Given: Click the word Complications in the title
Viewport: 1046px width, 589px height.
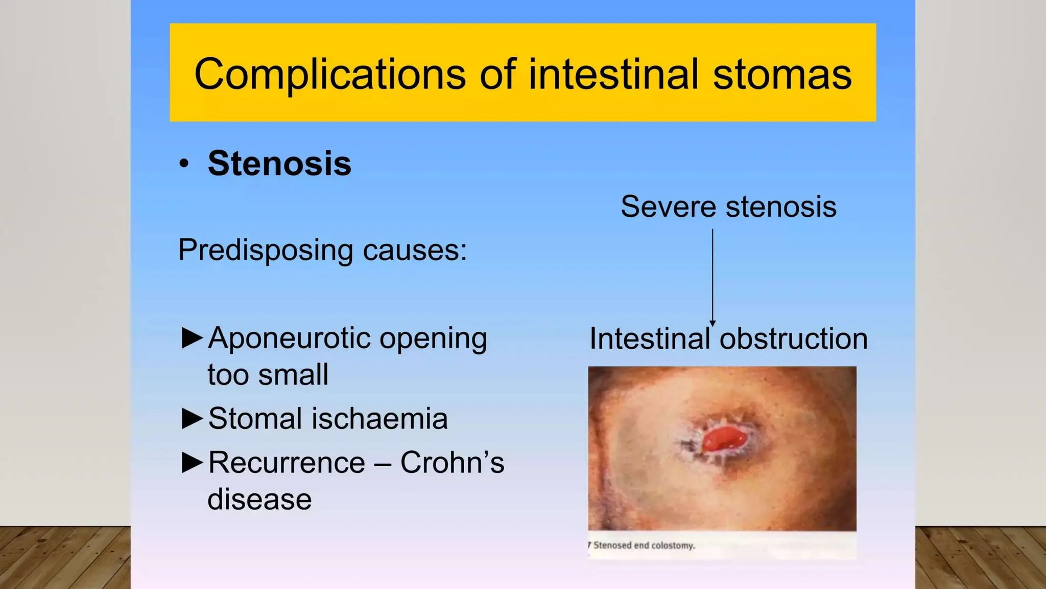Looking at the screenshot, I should [329, 75].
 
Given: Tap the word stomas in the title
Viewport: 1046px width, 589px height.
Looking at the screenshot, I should [782, 75].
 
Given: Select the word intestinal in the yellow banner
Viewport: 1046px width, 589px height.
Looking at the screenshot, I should [613, 75].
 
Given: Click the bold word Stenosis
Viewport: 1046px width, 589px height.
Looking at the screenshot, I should [279, 164].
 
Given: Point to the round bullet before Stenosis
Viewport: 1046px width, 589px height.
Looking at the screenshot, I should [184, 164].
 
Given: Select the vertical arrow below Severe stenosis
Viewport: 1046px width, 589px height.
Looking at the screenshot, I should [712, 276].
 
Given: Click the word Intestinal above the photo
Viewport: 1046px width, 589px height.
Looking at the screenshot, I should [650, 338].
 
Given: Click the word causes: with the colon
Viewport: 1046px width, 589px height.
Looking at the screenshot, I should [415, 251].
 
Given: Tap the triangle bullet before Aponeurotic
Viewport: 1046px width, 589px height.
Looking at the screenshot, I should [192, 338].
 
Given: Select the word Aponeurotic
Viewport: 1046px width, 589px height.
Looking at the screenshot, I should [288, 338].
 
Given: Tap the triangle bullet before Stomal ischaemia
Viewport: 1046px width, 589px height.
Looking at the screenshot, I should [192, 418].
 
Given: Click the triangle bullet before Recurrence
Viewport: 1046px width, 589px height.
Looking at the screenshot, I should [192, 462].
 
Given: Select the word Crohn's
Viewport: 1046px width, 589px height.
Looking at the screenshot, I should [452, 462].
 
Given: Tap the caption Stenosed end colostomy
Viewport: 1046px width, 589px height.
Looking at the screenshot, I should [644, 546].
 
